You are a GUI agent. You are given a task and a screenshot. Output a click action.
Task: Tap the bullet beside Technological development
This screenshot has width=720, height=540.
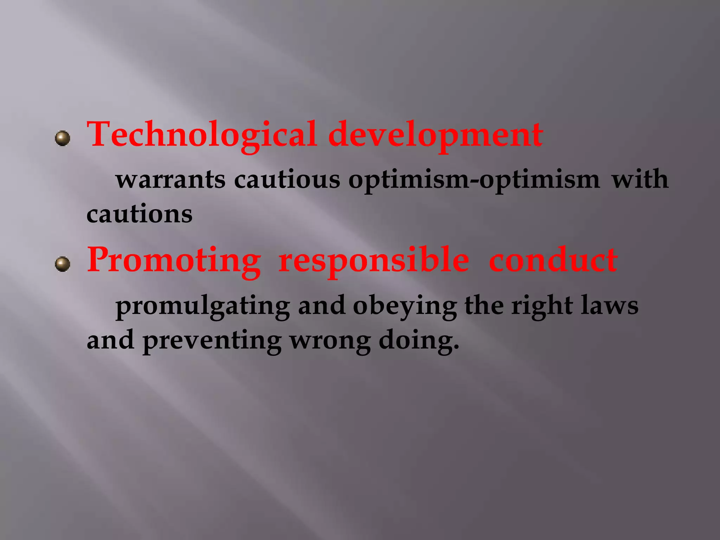tap(63, 138)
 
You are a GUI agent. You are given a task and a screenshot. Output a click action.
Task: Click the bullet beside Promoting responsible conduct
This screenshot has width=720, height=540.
tap(63, 264)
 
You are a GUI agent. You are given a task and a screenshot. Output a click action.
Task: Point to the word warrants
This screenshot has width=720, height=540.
tap(171, 180)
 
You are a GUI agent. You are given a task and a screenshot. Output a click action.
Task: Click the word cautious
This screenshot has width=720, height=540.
tap(287, 180)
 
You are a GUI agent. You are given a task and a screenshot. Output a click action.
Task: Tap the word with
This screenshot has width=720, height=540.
tap(640, 179)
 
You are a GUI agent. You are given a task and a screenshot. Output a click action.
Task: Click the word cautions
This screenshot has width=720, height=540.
tap(140, 214)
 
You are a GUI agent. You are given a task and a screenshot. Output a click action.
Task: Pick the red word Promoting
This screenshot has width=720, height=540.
tap(174, 261)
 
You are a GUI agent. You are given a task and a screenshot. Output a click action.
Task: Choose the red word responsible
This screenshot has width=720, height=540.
tap(374, 261)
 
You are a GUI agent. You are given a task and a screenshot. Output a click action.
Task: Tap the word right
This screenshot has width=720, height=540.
tap(542, 306)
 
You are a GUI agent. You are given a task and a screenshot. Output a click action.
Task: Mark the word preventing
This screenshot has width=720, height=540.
tap(212, 341)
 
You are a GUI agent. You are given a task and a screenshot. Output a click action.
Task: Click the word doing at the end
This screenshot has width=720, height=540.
tap(419, 341)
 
